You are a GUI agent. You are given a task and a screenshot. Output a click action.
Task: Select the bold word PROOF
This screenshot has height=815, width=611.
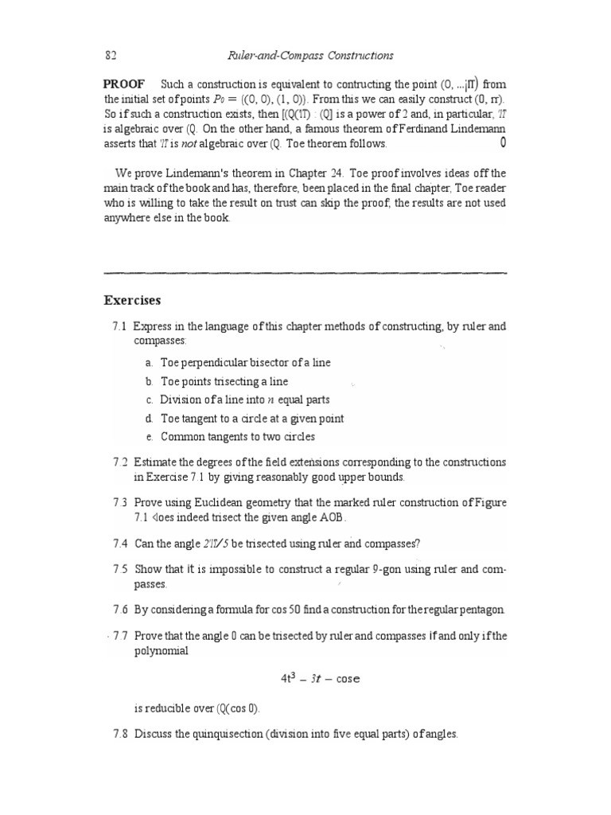point(124,85)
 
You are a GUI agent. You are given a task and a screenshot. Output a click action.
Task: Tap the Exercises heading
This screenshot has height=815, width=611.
point(132,301)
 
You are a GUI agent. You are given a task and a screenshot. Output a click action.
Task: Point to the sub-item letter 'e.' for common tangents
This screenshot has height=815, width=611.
point(149,437)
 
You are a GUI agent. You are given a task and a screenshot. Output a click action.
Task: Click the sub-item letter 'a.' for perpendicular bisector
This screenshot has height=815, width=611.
point(149,363)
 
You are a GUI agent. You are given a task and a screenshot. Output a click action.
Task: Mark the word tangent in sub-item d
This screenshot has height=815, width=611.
point(202,419)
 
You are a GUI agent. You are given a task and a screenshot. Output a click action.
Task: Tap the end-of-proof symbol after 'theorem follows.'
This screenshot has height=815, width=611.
point(502,144)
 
